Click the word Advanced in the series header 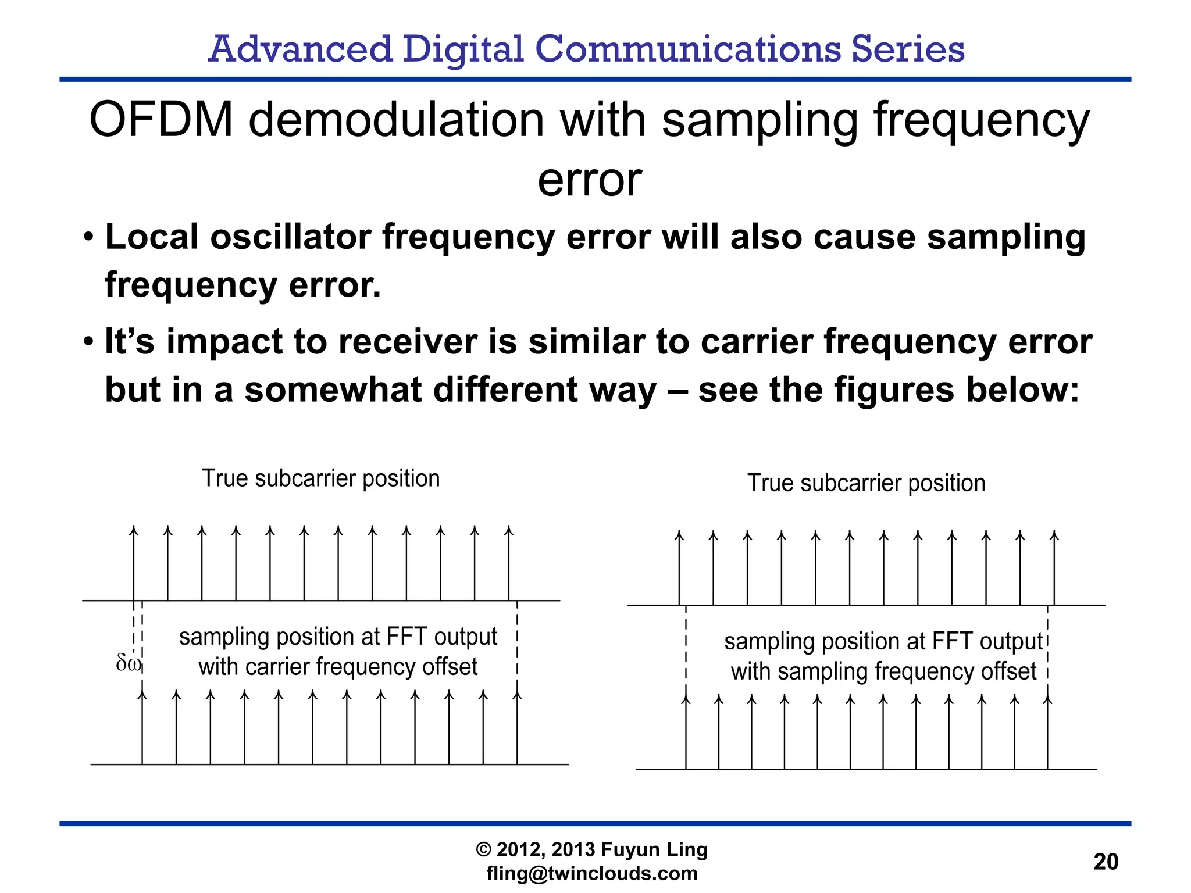[300, 49]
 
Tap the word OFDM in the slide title [161, 120]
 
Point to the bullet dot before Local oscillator [88, 237]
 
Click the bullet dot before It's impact [88, 341]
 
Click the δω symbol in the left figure [128, 662]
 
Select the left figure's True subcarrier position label [320, 478]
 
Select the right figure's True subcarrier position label [866, 483]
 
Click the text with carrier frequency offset [338, 667]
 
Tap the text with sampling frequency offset [883, 671]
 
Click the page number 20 [1106, 862]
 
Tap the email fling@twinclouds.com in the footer [591, 873]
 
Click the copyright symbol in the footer [483, 850]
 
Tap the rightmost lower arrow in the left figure [518, 727]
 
